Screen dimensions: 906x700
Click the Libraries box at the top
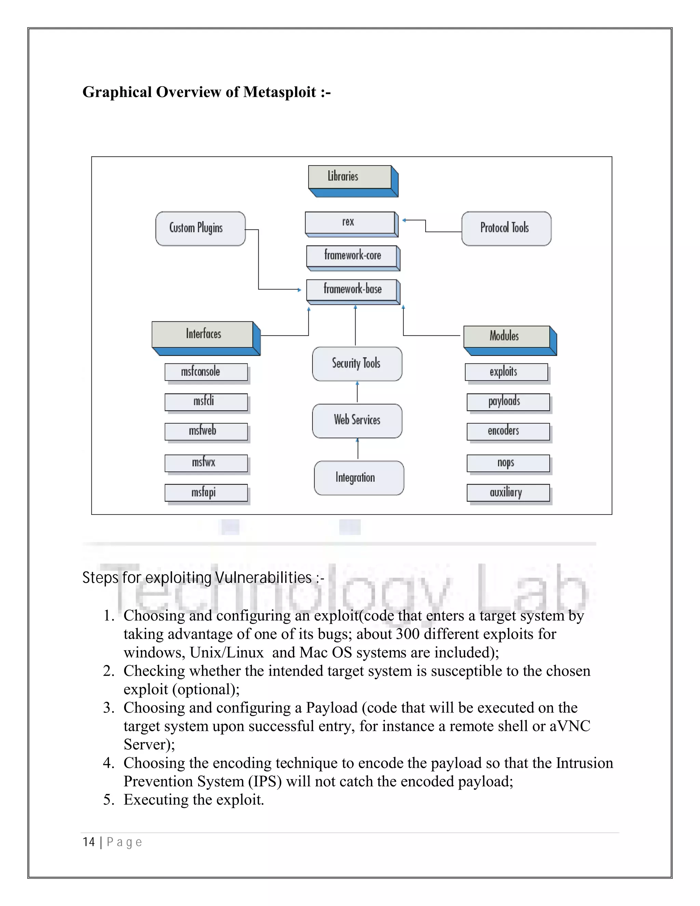[350, 177]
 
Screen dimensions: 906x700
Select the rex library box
[350, 222]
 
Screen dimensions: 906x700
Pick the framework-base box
[352, 289]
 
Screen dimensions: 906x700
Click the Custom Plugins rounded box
[200, 229]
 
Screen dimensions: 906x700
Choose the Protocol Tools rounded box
[506, 229]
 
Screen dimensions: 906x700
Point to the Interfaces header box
[202, 334]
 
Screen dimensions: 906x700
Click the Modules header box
[506, 336]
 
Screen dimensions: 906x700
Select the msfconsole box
[206, 372]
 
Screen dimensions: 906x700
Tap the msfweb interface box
[206, 431]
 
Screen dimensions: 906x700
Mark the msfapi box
[206, 492]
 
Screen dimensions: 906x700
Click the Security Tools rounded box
[356, 364]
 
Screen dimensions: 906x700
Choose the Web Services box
[356, 421]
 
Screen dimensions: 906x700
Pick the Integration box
[358, 478]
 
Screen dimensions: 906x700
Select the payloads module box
[508, 402]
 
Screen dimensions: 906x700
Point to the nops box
[508, 463]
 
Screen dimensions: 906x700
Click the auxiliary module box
[508, 492]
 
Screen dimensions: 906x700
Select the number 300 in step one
[408, 634]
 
